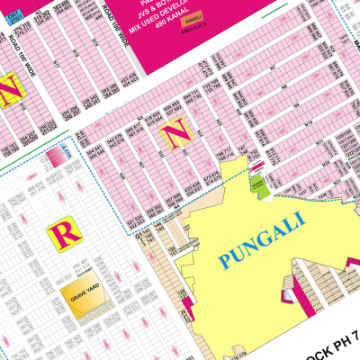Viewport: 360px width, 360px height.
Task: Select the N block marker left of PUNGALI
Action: [x=174, y=135]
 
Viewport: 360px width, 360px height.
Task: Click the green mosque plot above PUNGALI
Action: [x=257, y=184]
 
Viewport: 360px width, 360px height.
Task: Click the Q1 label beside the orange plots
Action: [x=141, y=236]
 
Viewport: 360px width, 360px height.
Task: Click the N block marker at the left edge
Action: [x=12, y=89]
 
